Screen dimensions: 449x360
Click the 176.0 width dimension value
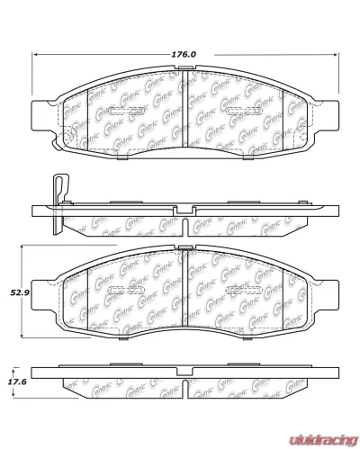[184, 54]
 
